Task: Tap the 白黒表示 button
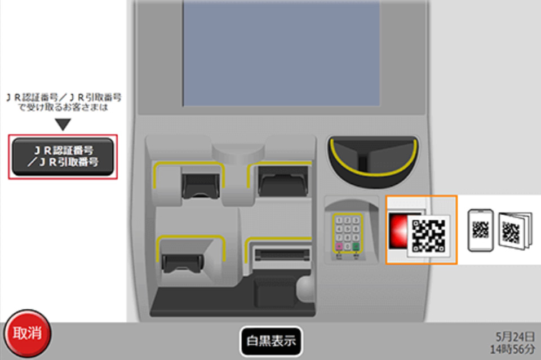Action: click(271, 341)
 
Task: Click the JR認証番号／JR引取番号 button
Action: click(63, 157)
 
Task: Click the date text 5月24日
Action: click(515, 336)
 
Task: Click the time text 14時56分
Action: click(515, 348)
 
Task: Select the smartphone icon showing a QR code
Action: click(481, 229)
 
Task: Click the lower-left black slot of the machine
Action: click(182, 261)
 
